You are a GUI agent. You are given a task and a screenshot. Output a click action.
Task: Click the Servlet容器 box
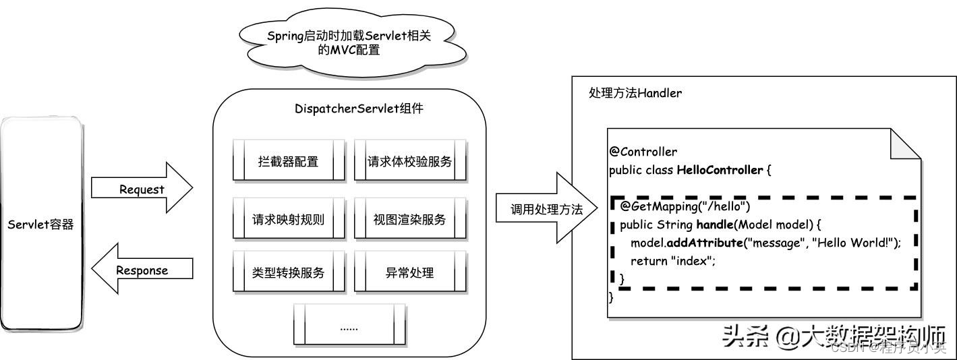click(41, 224)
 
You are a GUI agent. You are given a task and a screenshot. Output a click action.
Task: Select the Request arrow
click(142, 189)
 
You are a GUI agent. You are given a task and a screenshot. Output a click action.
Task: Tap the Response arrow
click(142, 270)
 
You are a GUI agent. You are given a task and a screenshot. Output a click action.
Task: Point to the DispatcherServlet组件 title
click(359, 109)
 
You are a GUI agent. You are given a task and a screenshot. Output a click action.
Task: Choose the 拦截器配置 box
click(289, 161)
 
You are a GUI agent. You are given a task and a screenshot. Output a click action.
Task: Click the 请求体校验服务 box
click(409, 161)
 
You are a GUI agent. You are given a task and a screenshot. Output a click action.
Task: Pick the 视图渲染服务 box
click(409, 219)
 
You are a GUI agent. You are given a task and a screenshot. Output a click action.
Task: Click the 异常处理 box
click(409, 272)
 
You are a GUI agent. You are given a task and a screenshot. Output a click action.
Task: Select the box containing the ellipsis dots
click(349, 326)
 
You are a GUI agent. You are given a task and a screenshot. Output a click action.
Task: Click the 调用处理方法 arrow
click(546, 209)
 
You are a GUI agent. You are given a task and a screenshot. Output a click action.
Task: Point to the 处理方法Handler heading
click(635, 93)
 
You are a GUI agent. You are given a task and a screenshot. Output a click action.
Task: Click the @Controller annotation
click(643, 152)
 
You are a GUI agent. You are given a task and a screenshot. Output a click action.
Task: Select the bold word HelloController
click(719, 170)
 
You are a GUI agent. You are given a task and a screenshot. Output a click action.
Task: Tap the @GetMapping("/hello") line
click(685, 206)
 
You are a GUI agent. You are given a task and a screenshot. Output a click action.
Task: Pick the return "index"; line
click(672, 261)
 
